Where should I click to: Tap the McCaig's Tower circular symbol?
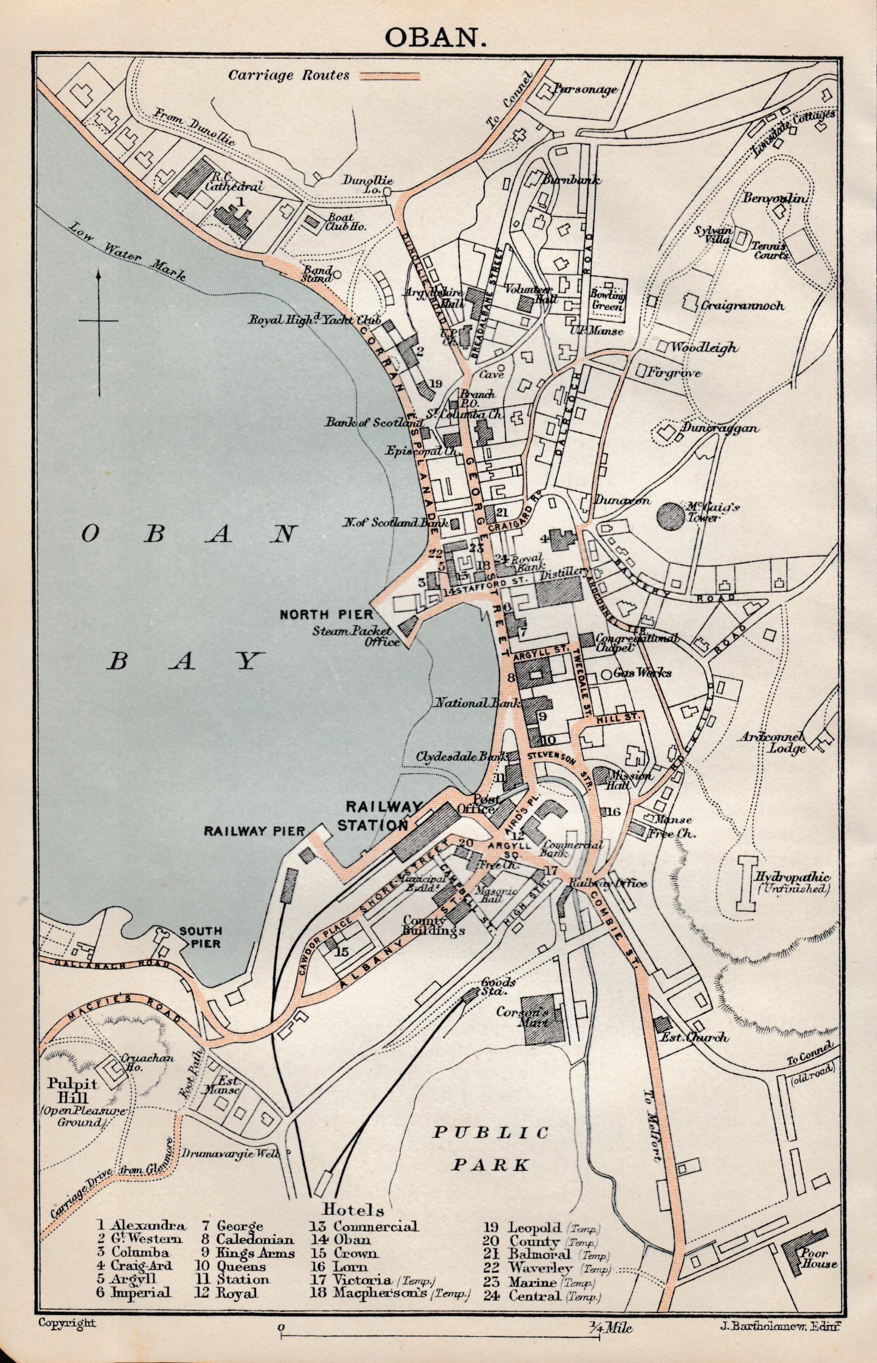click(x=670, y=517)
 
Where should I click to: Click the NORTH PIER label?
click(x=326, y=614)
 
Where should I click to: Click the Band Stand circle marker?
click(x=337, y=274)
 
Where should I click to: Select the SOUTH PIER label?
click(x=200, y=936)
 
